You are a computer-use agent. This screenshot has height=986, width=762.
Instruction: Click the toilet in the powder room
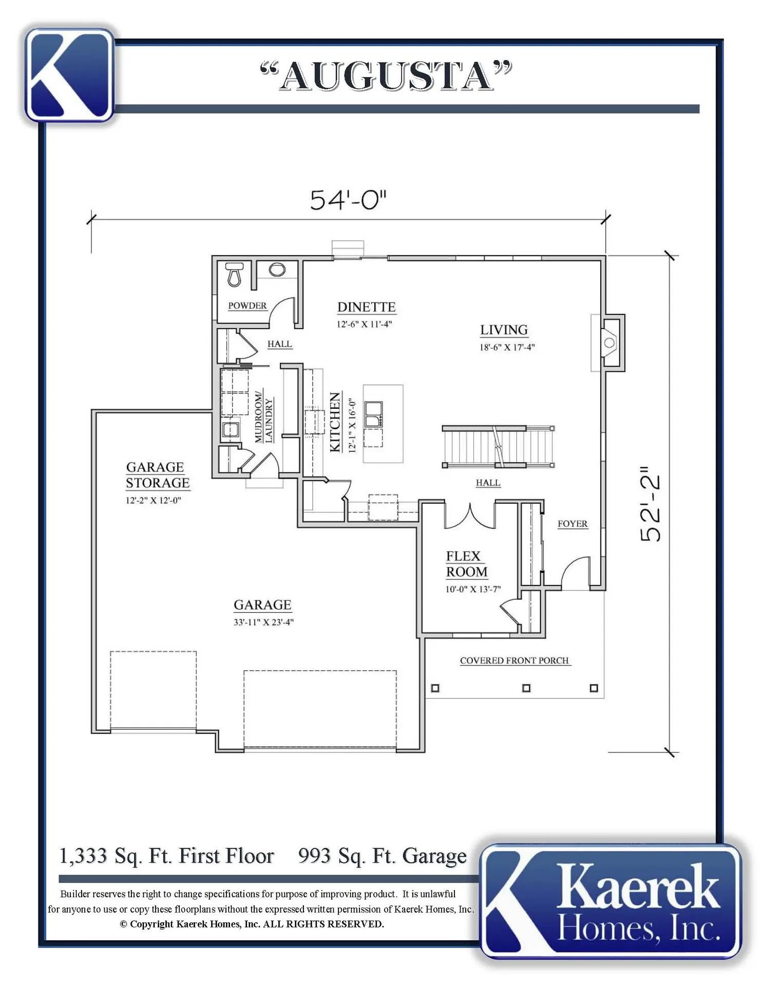pyautogui.click(x=235, y=275)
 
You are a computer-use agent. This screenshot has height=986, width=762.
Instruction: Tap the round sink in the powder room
pyautogui.click(x=277, y=270)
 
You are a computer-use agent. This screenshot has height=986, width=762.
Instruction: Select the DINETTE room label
pyautogui.click(x=367, y=307)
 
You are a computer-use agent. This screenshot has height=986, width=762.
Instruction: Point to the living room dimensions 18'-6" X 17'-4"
pyautogui.click(x=507, y=347)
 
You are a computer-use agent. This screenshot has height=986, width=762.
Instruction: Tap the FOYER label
pyautogui.click(x=573, y=524)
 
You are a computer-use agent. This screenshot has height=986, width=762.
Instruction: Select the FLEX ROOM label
pyautogui.click(x=466, y=564)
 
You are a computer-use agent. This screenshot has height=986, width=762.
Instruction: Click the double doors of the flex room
pyautogui.click(x=470, y=516)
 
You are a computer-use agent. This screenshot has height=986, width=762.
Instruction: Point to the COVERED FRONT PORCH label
pyautogui.click(x=515, y=660)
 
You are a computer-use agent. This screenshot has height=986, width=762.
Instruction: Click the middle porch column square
pyautogui.click(x=526, y=688)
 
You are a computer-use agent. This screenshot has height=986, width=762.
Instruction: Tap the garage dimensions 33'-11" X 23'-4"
pyautogui.click(x=263, y=622)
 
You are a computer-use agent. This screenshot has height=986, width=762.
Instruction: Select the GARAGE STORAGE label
pyautogui.click(x=158, y=475)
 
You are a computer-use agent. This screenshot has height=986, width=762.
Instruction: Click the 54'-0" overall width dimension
pyautogui.click(x=348, y=200)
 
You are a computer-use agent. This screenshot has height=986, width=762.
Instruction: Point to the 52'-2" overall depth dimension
pyautogui.click(x=651, y=504)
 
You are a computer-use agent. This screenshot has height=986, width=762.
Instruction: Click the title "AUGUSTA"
pyautogui.click(x=386, y=76)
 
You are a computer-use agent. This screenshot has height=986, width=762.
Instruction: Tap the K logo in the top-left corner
pyautogui.click(x=69, y=75)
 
